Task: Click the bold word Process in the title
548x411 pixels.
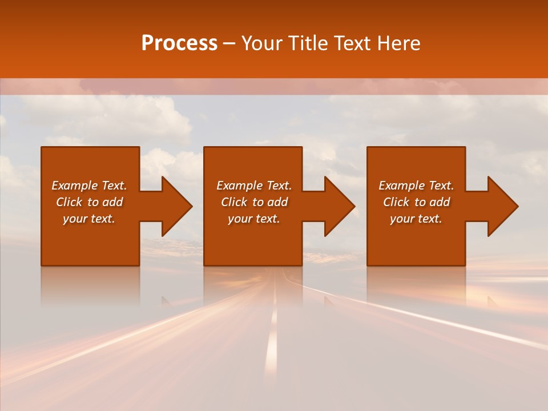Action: click(x=179, y=43)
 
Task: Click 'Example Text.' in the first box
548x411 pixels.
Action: click(x=89, y=186)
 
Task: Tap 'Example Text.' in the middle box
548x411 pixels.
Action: click(x=253, y=186)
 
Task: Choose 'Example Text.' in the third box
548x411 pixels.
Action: click(x=416, y=186)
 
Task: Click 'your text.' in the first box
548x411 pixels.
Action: click(x=89, y=219)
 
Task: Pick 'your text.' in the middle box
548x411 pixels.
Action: click(x=253, y=219)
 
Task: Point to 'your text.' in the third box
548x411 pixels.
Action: click(x=416, y=219)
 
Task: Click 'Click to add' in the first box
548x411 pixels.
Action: click(x=89, y=202)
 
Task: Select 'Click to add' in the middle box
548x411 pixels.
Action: click(x=253, y=202)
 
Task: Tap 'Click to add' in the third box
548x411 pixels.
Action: click(x=416, y=202)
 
